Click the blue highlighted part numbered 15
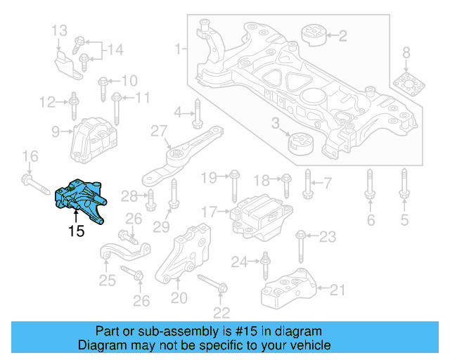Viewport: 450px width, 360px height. click(78, 198)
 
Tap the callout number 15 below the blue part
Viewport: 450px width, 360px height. click(76, 231)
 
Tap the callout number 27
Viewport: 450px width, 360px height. click(159, 130)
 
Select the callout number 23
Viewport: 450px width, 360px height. click(327, 237)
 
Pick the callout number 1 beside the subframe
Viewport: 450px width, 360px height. click(177, 49)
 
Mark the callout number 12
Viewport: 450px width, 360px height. click(47, 103)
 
